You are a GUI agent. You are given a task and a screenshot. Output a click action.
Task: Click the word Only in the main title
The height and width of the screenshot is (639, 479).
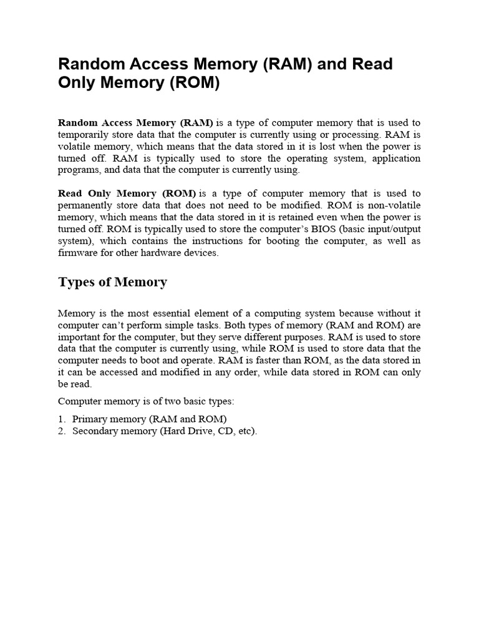pos(77,83)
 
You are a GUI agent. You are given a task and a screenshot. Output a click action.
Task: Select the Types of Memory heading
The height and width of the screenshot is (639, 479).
pos(112,282)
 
